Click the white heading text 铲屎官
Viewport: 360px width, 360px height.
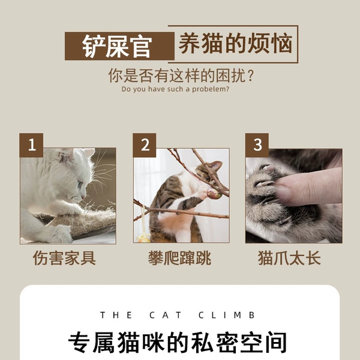tap(117, 46)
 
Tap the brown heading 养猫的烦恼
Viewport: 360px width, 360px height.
tap(235, 43)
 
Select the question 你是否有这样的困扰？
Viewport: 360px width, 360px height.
tap(181, 76)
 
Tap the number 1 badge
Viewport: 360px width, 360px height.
tap(31, 145)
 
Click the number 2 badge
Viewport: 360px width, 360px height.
tap(145, 145)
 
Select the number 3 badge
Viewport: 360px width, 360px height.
tap(257, 145)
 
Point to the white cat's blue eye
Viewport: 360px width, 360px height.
tap(80, 184)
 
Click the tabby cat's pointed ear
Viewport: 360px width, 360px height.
tap(217, 166)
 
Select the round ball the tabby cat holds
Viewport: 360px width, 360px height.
tap(214, 194)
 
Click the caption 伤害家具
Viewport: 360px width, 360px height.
tap(64, 258)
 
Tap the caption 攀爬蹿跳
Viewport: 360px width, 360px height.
tap(179, 258)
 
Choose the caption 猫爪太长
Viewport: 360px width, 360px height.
tap(289, 258)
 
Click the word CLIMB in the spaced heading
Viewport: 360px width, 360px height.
tap(227, 315)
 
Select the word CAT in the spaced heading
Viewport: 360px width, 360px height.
tap(166, 315)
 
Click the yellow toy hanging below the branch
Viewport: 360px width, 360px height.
tap(144, 238)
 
